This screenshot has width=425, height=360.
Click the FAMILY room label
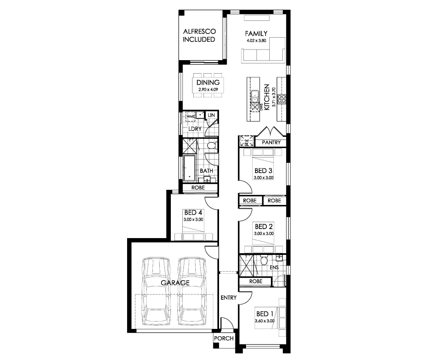tap(256, 34)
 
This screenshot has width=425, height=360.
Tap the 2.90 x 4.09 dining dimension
tap(208, 89)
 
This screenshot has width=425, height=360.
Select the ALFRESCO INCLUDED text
tap(199, 35)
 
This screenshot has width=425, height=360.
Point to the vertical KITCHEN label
tap(267, 97)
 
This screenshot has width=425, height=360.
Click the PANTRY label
tap(271, 142)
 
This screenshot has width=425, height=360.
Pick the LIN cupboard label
tap(211, 115)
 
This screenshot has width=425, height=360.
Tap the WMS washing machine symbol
tap(190, 116)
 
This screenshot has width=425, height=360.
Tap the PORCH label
tap(224, 338)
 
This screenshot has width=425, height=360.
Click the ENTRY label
tap(228, 297)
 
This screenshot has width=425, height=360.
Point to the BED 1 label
tap(265, 314)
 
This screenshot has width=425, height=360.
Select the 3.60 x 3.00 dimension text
tap(264, 321)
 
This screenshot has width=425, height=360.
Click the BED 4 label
tap(193, 213)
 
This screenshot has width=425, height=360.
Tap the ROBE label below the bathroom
tap(198, 187)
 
